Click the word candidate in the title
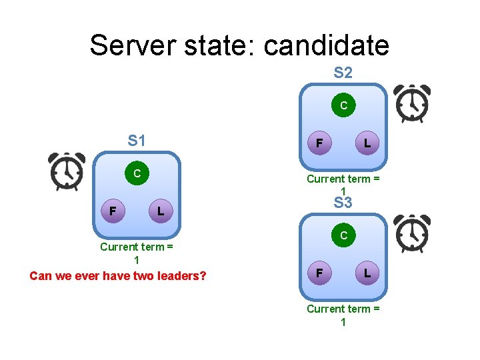tap(326, 45)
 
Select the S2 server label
tap(343, 72)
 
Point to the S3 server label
tap(343, 203)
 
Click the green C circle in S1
tap(137, 174)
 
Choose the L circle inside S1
tap(160, 211)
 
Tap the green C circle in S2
tap(343, 105)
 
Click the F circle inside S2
tap(320, 143)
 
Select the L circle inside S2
tap(367, 143)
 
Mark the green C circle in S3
tap(343, 235)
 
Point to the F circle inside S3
tap(320, 273)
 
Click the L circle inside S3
tap(367, 273)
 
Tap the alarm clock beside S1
tap(67, 171)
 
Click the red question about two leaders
tap(117, 275)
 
